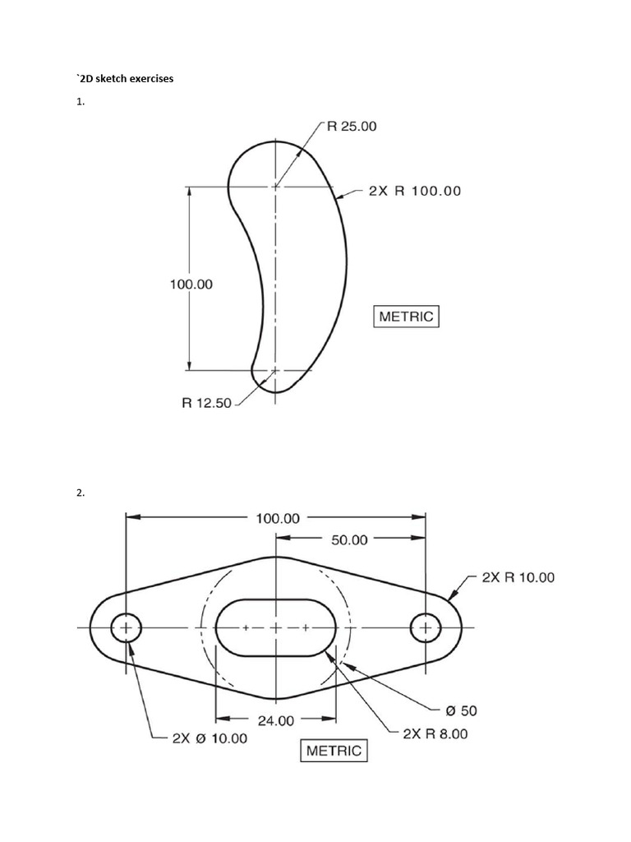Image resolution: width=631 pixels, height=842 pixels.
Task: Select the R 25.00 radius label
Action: click(352, 127)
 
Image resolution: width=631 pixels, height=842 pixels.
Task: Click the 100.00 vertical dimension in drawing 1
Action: click(191, 285)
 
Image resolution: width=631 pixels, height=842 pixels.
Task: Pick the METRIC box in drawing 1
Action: click(407, 317)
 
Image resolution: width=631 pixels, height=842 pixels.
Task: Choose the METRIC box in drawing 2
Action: click(334, 751)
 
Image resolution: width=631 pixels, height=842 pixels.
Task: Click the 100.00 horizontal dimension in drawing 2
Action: click(279, 518)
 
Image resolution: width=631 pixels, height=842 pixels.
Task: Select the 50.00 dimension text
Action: click(349, 540)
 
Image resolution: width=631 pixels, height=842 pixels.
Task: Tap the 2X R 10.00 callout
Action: click(518, 577)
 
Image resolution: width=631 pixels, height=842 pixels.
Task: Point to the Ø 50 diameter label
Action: click(462, 710)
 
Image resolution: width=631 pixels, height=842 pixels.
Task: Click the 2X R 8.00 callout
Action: click(435, 733)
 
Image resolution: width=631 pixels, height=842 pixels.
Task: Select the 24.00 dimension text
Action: click(275, 721)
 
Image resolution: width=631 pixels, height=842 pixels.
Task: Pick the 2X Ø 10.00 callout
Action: click(209, 738)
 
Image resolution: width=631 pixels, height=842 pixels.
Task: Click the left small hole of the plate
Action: click(127, 628)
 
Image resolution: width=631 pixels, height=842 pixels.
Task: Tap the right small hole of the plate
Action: click(426, 628)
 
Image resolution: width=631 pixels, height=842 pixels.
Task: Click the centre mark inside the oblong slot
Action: click(275, 628)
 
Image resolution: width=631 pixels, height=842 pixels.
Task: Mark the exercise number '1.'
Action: click(80, 103)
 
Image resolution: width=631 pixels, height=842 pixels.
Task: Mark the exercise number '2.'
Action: click(80, 493)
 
